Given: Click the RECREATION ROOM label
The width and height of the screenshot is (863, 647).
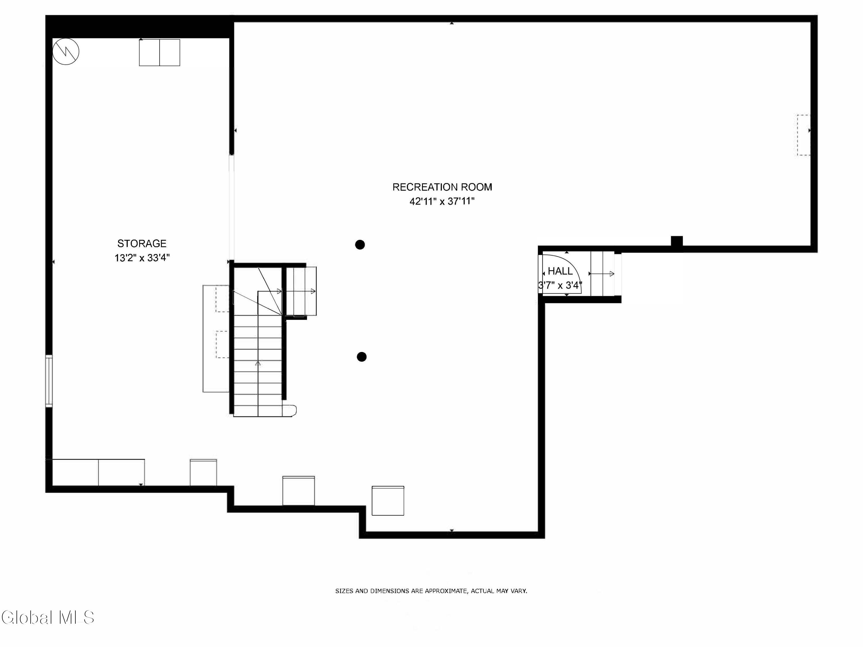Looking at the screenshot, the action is click(442, 187).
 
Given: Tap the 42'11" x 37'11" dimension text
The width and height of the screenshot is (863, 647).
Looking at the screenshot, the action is click(442, 202).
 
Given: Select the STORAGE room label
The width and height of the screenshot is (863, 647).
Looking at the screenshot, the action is click(142, 243).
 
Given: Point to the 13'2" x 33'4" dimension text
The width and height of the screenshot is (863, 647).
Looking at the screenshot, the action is click(142, 258).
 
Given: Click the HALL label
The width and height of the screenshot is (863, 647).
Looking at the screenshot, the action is click(560, 271).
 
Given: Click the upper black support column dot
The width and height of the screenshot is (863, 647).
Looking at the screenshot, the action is click(360, 244).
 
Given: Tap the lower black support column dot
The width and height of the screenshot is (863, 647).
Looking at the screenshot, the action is click(362, 357).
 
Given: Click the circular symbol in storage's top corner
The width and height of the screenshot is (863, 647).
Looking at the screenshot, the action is click(66, 51).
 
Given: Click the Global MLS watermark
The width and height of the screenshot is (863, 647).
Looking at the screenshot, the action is click(47, 617).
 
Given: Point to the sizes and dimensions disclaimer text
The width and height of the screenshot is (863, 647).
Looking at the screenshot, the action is click(431, 591).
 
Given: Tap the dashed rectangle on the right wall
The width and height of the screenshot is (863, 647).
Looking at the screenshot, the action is click(803, 135).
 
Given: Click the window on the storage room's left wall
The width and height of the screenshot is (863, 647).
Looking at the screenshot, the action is click(49, 381).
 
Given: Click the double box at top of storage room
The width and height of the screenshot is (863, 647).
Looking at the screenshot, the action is click(160, 52).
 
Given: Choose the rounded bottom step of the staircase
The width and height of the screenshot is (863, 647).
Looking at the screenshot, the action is click(289, 411).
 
